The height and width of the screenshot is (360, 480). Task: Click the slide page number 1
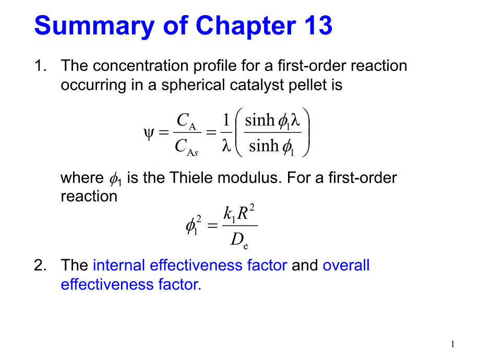[x=453, y=344]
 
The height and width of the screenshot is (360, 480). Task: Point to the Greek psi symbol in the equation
[x=148, y=133]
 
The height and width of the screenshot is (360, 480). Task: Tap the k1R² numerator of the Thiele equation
[x=239, y=213]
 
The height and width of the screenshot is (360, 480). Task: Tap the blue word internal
[x=119, y=266]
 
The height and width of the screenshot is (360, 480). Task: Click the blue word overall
[x=346, y=266]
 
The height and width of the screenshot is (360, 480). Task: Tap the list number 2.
[x=39, y=266]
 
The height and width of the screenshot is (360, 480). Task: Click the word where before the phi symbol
[x=82, y=178]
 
